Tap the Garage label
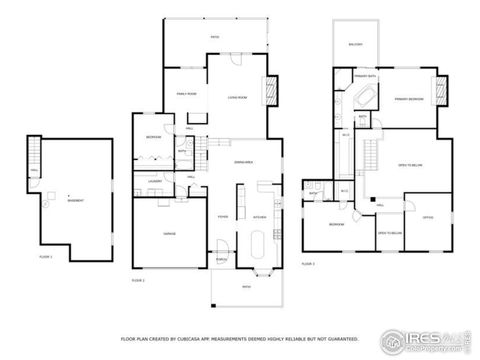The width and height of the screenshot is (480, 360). click(x=170, y=232)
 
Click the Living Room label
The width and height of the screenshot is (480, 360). click(x=237, y=98)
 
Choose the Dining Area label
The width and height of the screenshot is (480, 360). click(x=242, y=161)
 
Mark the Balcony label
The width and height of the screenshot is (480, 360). click(x=355, y=44)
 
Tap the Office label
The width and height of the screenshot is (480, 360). click(x=427, y=219)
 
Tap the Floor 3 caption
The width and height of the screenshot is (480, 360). click(x=309, y=264)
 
